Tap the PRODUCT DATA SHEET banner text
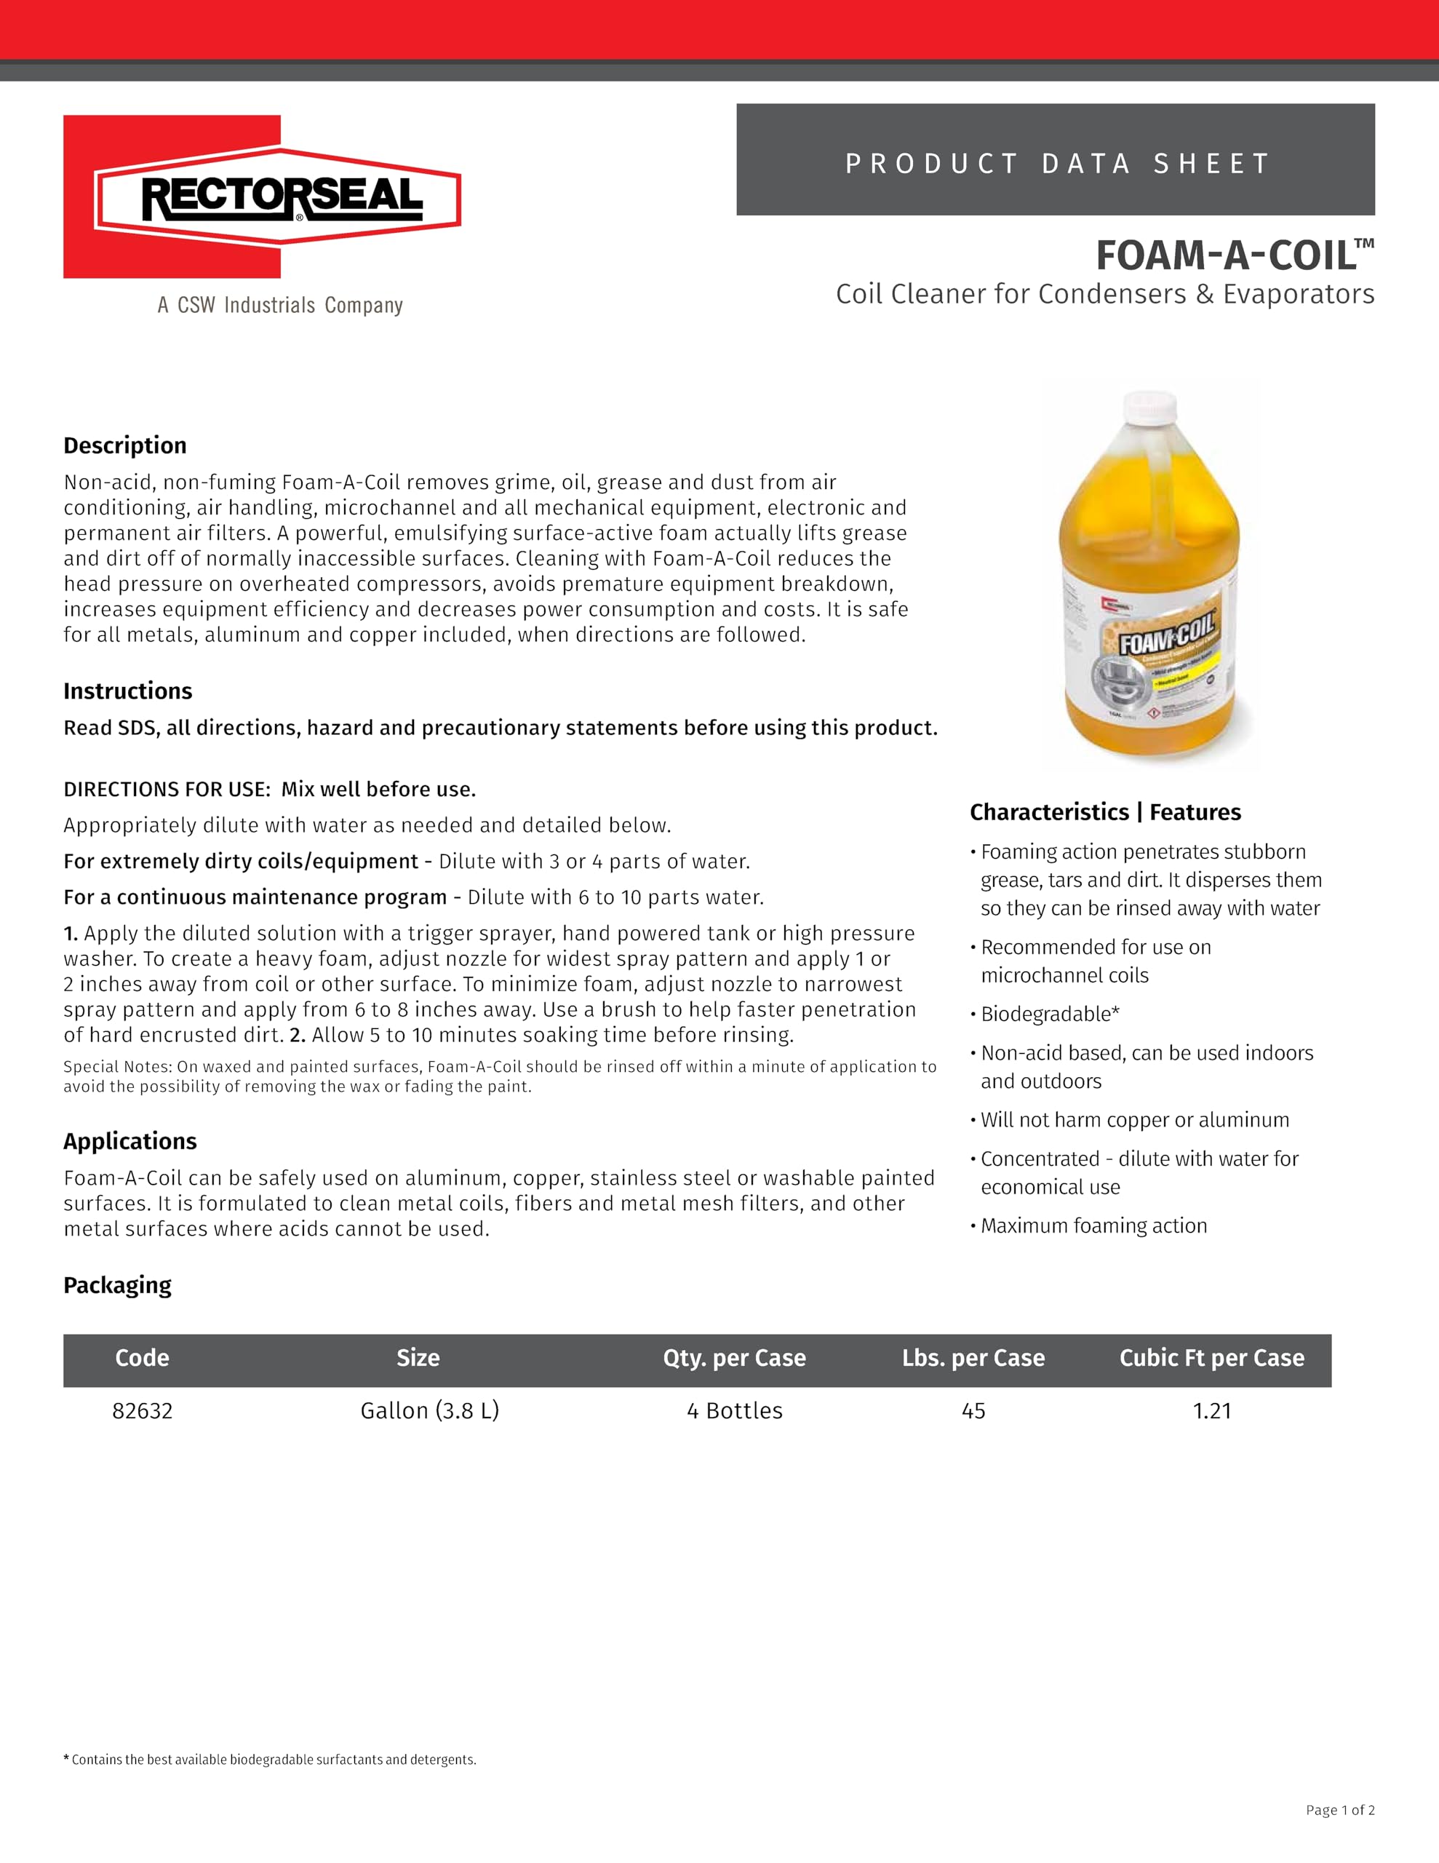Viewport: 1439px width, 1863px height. point(1056,163)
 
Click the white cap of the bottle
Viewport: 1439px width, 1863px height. point(1150,407)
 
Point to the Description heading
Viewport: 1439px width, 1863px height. point(124,445)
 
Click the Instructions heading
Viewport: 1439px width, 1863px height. point(128,691)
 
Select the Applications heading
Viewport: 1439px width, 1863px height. point(129,1141)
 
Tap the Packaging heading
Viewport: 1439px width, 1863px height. point(117,1284)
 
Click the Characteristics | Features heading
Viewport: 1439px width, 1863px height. point(1104,812)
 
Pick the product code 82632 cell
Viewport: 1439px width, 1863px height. point(143,1411)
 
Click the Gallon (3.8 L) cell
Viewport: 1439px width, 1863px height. point(429,1411)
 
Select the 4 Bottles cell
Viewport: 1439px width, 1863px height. point(735,1411)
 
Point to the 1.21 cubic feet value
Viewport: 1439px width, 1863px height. point(1211,1411)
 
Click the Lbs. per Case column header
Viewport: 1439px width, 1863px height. point(973,1358)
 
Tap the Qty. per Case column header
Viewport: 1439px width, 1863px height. point(735,1358)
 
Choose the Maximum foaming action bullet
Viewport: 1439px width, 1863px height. point(1093,1226)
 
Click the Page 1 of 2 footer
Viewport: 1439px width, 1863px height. point(1339,1810)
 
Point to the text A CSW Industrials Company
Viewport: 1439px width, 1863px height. point(280,306)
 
